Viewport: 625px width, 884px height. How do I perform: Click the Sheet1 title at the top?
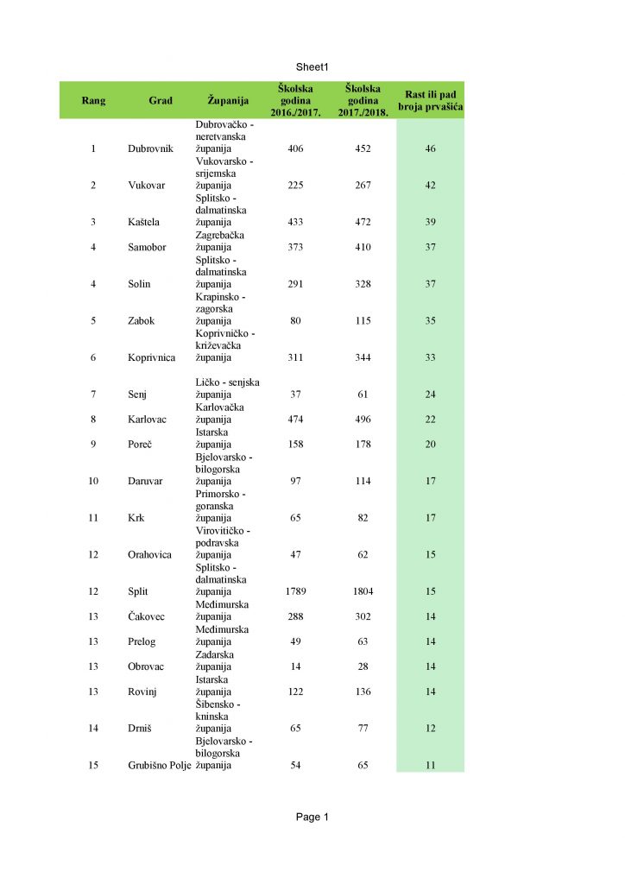point(312,66)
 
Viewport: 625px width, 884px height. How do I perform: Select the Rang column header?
point(93,100)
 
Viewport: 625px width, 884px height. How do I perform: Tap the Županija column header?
point(228,100)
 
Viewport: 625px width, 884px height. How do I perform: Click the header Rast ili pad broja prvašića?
point(430,100)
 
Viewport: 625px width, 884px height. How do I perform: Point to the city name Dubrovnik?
point(150,148)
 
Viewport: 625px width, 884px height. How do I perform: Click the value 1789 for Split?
point(295,591)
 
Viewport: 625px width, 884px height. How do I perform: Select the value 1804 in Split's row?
point(363,591)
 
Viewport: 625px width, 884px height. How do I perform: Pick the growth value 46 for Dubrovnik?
point(430,148)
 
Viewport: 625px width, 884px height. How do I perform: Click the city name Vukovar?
point(146,185)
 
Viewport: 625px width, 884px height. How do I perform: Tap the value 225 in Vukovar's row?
point(295,185)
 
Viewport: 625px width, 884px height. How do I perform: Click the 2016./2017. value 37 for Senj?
point(295,395)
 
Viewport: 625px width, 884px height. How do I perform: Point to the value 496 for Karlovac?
point(363,419)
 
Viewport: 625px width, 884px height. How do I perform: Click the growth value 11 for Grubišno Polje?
point(430,765)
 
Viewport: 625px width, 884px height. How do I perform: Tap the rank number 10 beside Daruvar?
point(93,481)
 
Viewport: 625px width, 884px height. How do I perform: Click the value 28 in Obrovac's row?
point(363,666)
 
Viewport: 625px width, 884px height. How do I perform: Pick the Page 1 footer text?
point(312,817)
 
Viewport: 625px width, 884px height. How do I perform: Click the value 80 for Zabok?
point(295,320)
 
